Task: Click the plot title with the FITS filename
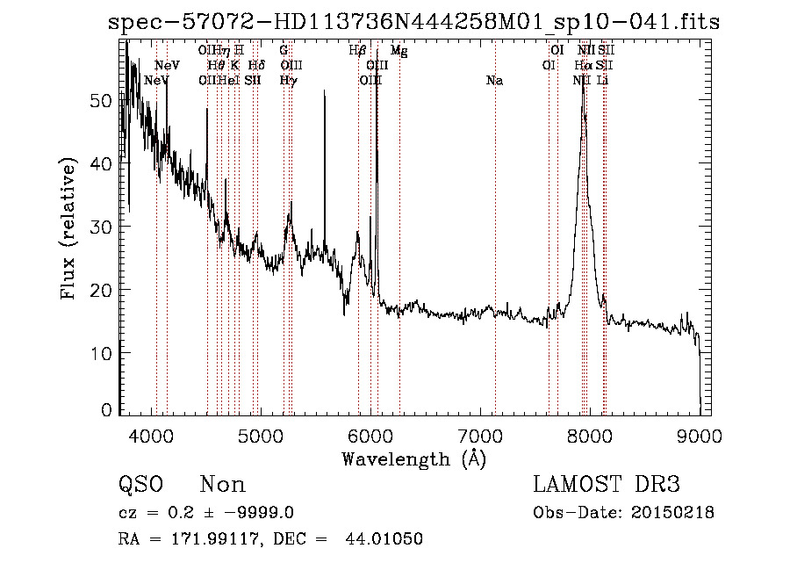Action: click(x=413, y=22)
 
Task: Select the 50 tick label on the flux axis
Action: click(x=103, y=100)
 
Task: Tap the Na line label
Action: click(x=494, y=81)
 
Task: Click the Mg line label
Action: click(x=399, y=51)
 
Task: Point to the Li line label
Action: click(x=602, y=81)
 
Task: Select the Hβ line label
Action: click(x=357, y=51)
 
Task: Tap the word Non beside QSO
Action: click(x=223, y=485)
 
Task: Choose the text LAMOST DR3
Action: click(x=607, y=485)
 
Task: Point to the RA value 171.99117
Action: click(x=197, y=538)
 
